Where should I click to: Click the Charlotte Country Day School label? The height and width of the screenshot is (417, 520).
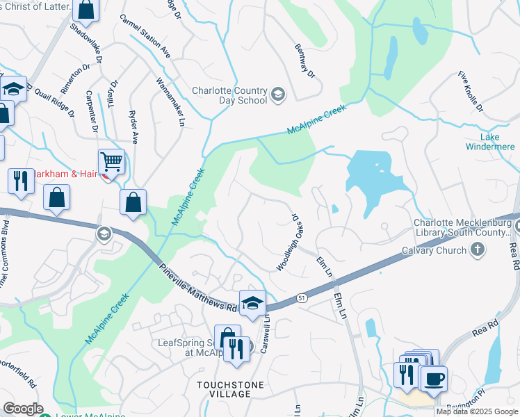(x=229, y=95)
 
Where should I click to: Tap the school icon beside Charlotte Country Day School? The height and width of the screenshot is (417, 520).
(x=278, y=95)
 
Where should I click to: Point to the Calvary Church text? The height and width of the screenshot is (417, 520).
(x=434, y=250)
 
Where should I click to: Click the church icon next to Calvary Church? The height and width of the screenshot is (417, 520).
(x=477, y=250)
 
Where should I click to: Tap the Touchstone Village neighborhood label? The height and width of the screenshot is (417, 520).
(x=223, y=389)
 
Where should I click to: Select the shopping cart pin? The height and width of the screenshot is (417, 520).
(x=111, y=162)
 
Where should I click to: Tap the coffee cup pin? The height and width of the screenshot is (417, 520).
(x=434, y=379)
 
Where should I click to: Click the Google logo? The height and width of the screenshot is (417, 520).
(x=23, y=409)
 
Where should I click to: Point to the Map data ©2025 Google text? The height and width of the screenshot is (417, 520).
(x=477, y=411)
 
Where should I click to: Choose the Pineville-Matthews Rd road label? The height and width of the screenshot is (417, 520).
(x=198, y=287)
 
